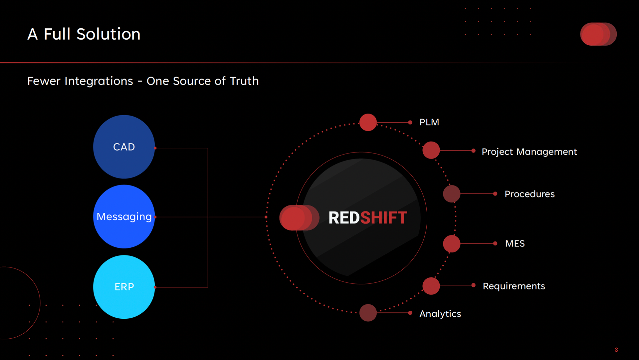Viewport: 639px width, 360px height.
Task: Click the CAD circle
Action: coord(124,147)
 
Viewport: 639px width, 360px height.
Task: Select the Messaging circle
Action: coord(124,216)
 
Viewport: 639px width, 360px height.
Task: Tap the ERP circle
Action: coord(124,287)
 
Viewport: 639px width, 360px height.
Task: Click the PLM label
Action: coord(429,122)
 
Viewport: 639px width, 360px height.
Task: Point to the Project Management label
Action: coord(529,152)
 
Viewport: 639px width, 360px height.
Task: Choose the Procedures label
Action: coord(530,194)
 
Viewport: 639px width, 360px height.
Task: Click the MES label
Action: coord(515,243)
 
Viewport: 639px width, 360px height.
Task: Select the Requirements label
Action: coord(514,286)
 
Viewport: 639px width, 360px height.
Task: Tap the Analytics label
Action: coord(440,314)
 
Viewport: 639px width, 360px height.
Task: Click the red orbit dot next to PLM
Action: coord(368,122)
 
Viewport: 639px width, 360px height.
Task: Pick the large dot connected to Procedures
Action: coord(452,194)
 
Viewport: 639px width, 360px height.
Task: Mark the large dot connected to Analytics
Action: coord(368,313)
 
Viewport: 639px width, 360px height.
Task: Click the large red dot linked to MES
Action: coord(452,243)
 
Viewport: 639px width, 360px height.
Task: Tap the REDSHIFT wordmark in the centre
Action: coord(367,218)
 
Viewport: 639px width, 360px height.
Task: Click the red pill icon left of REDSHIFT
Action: coord(299,218)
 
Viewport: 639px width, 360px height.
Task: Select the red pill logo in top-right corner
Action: coord(598,34)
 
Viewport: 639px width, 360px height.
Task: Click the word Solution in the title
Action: coord(108,34)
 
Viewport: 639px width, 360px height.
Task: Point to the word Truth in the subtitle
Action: coord(244,81)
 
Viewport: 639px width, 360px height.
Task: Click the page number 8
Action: coord(616,350)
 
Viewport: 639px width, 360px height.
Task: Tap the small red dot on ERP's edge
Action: coord(155,287)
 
